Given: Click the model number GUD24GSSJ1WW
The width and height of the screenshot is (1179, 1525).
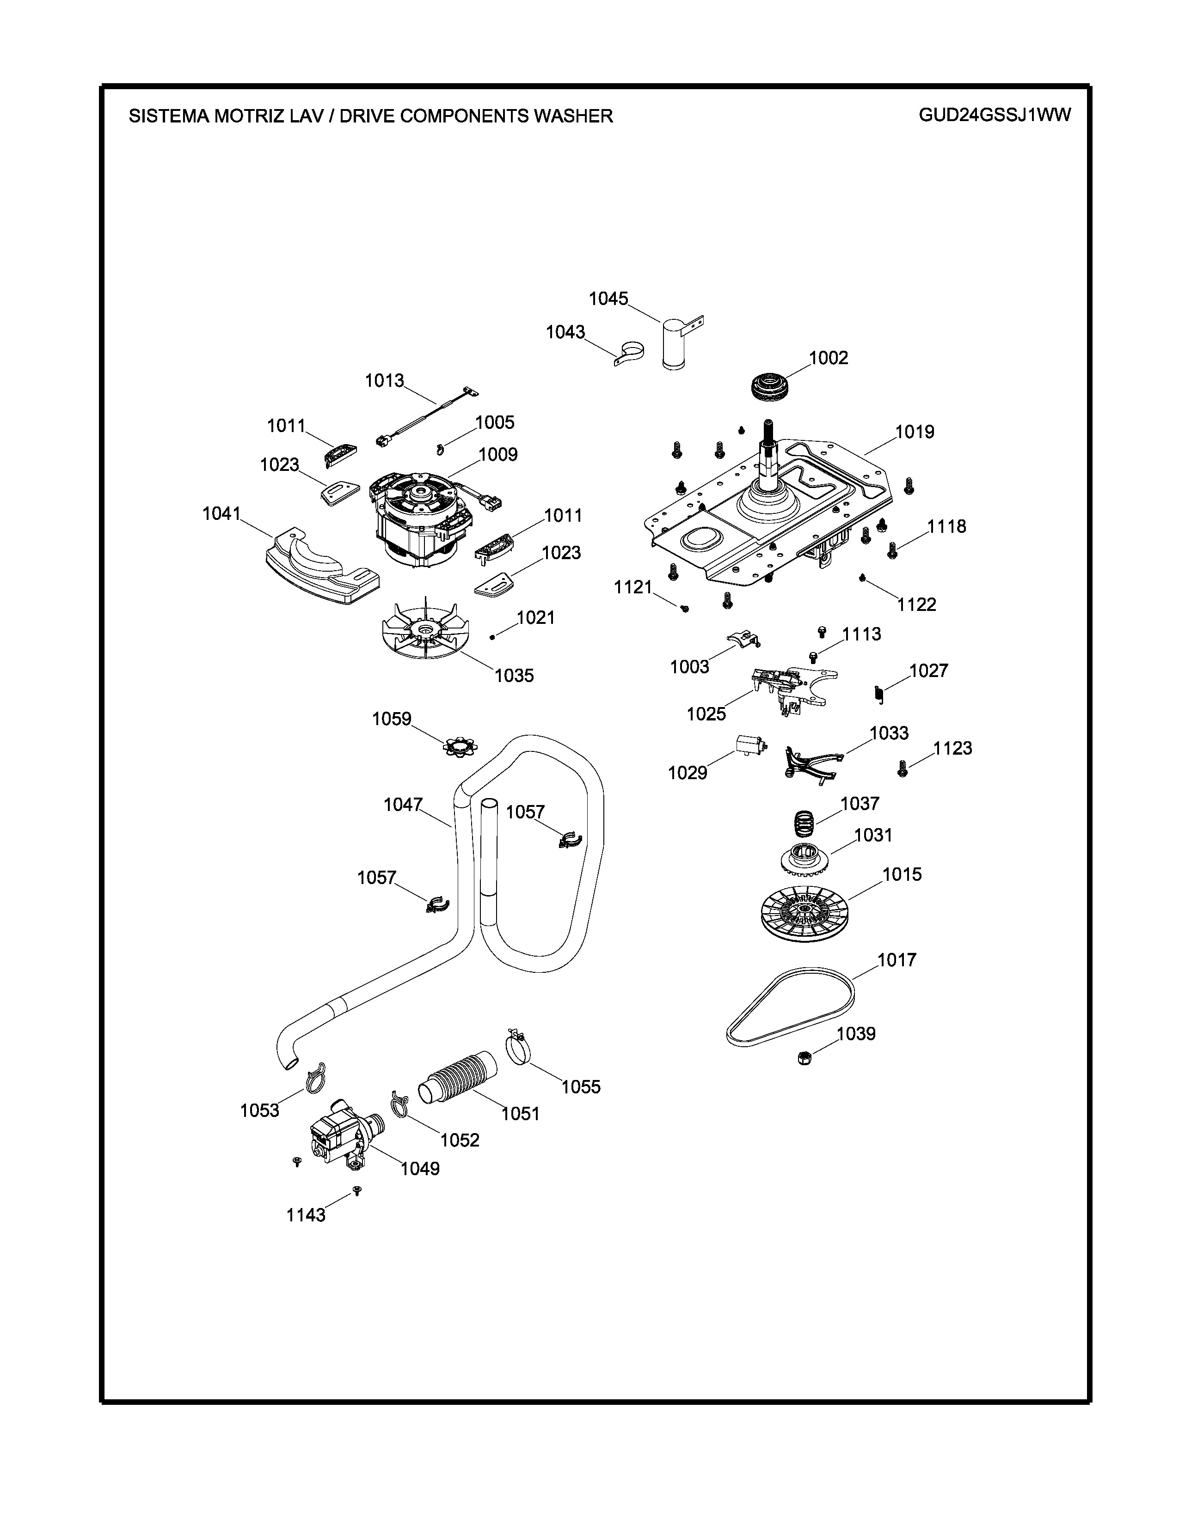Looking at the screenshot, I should pyautogui.click(x=994, y=115).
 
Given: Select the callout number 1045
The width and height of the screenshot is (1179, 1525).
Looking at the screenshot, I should pyautogui.click(x=608, y=299).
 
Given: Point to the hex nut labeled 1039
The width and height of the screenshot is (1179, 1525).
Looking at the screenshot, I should pyautogui.click(x=803, y=1058).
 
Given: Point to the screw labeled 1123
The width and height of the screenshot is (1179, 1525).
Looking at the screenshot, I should pyautogui.click(x=902, y=769).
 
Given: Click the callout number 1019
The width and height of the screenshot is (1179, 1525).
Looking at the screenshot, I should pyautogui.click(x=914, y=432).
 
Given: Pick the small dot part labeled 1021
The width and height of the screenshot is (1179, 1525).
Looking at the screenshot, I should pyautogui.click(x=493, y=636).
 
